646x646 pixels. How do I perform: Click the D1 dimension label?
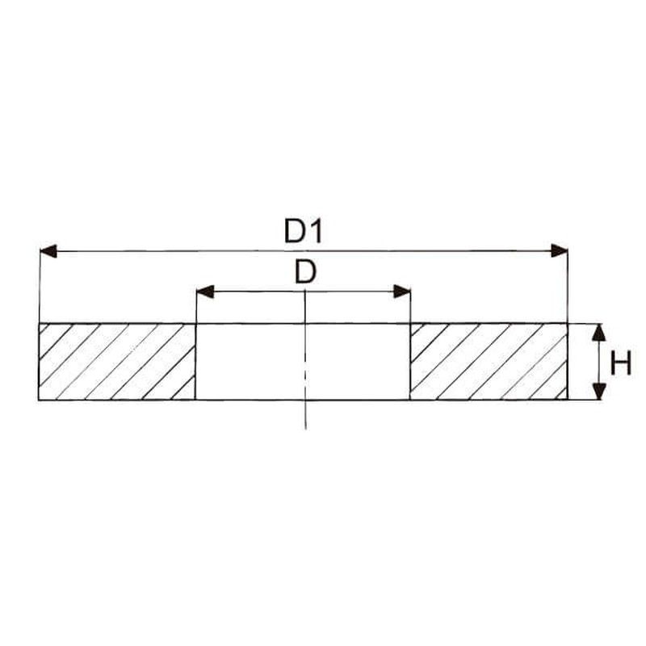coord(303,231)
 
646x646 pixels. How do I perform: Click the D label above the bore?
coord(305,272)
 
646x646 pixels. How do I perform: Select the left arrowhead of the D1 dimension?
coord(48,251)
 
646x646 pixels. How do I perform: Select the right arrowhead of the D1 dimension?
coord(559,250)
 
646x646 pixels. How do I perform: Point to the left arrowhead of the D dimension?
coord(205,292)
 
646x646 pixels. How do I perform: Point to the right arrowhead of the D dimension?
coord(401,292)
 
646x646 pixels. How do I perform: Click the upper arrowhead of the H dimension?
coord(599,332)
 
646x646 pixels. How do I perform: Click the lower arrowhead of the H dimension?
coord(599,392)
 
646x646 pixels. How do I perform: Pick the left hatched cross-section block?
coord(117,362)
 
